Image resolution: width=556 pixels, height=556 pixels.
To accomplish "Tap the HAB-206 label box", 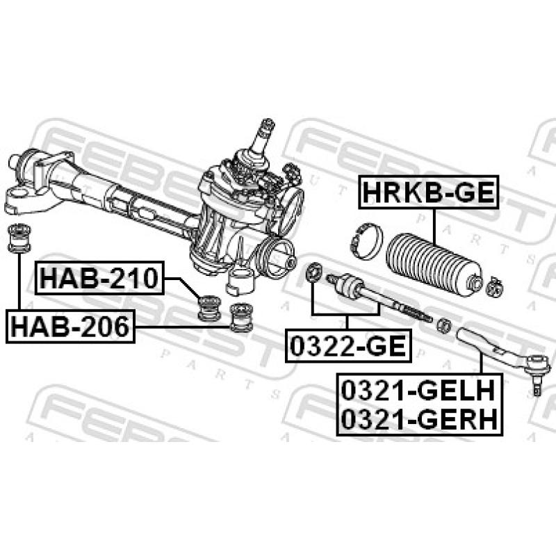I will (x=69, y=325).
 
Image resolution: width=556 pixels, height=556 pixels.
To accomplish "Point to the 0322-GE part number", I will (x=347, y=345).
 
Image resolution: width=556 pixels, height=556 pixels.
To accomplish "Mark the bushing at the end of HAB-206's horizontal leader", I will (x=240, y=317).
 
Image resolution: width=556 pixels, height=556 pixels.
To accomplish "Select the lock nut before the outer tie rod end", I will (x=442, y=324).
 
